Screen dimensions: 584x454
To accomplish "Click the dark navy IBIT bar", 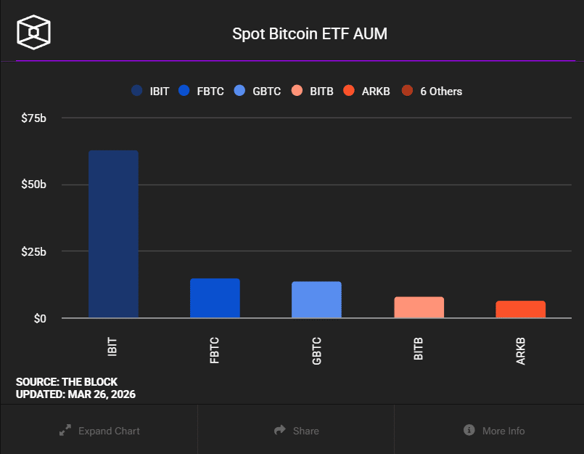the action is click(114, 234).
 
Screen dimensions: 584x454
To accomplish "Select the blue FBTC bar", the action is click(215, 298).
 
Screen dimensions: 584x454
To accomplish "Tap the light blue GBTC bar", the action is click(316, 299).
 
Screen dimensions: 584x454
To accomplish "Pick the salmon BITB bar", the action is click(419, 307).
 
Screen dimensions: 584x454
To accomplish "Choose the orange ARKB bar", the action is click(521, 309).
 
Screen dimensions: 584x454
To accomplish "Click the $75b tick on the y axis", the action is click(33, 118).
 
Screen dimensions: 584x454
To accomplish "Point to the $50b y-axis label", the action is click(33, 185).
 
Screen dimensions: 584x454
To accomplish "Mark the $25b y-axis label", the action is click(33, 252).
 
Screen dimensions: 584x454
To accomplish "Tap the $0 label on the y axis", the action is click(40, 319).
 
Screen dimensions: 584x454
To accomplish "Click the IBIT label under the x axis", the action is click(112, 347).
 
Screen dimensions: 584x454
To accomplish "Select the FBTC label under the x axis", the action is click(215, 350).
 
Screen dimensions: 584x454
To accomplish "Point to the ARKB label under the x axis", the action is click(521, 351).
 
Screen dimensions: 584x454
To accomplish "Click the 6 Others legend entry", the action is click(432, 91).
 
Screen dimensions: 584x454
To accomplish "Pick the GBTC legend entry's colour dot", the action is click(239, 91).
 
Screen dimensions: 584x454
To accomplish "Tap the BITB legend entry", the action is click(313, 91).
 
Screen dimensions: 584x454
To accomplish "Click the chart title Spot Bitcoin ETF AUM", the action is click(310, 33).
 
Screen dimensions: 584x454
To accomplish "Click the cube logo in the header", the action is click(33, 32).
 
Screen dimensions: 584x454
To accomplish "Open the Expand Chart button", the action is click(99, 431).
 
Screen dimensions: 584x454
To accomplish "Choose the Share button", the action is click(297, 431).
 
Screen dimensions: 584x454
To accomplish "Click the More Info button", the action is click(494, 431).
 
